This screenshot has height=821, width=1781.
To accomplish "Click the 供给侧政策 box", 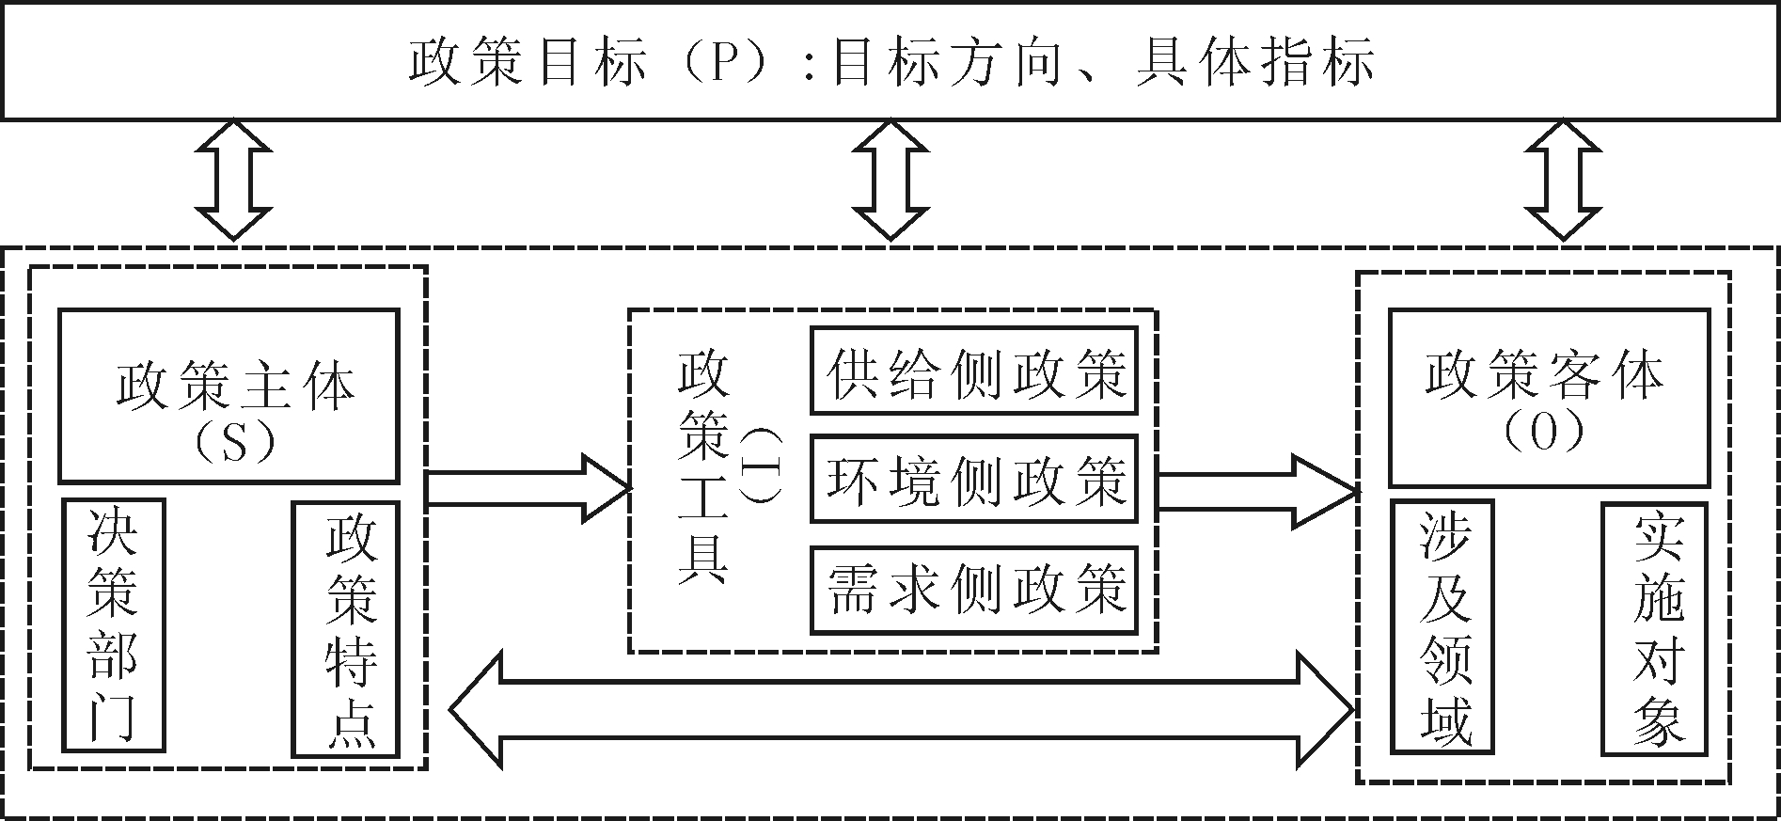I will pos(974,371).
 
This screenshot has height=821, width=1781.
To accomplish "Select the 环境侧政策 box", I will pos(974,479).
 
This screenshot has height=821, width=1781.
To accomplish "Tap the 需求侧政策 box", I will pos(974,590).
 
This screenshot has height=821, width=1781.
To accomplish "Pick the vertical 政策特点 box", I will pos(346,628).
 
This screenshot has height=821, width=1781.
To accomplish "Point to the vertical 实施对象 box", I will pos(1656,628).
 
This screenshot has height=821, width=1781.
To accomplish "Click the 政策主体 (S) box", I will pos(229,395).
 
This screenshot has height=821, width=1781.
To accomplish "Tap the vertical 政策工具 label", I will pos(703,468).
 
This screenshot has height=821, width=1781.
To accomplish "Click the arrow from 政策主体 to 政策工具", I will pos(527,488).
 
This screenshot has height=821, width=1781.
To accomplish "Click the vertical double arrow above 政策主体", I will pos(232,179).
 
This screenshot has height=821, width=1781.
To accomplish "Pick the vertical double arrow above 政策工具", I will pos(890,179).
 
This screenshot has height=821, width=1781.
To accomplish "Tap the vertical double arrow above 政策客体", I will pos(1562,179).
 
